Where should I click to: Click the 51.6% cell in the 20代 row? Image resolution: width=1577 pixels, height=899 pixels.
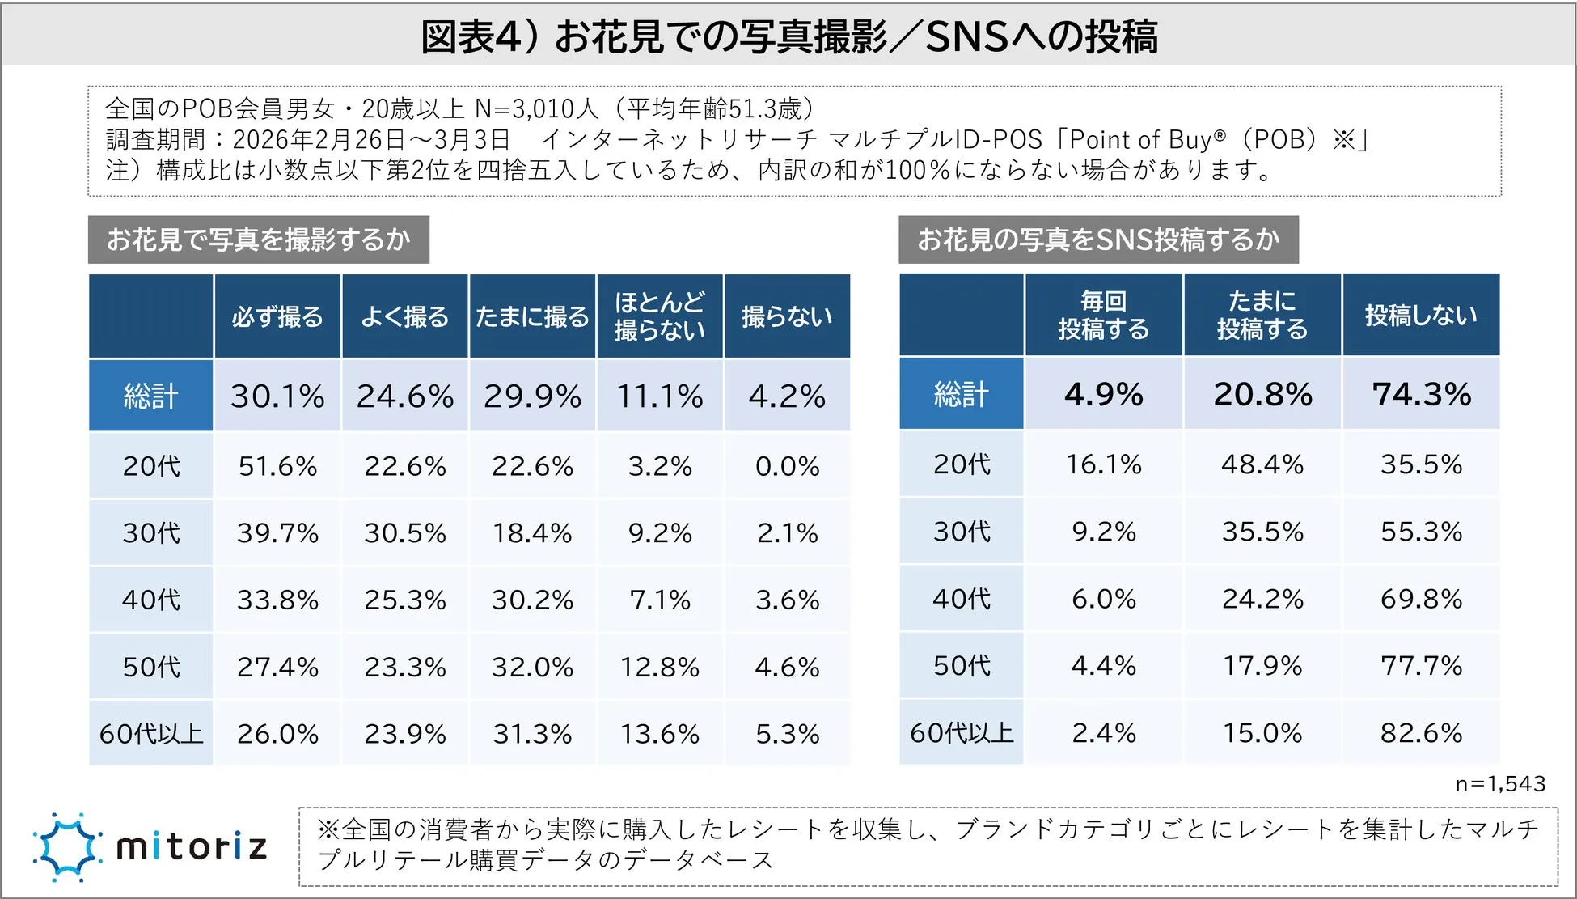[x=277, y=466]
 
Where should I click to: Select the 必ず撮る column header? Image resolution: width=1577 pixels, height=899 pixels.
[x=277, y=316]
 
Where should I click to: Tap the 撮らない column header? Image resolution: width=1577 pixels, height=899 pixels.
[x=787, y=316]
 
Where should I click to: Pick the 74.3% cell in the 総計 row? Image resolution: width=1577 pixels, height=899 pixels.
[x=1421, y=394]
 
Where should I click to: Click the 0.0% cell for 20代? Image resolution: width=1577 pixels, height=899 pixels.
[x=787, y=466]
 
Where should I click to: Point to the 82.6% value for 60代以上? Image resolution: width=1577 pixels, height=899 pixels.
[x=1421, y=733]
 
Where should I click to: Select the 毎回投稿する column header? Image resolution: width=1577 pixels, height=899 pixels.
[x=1103, y=315]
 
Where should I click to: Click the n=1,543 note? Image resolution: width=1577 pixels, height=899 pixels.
[x=1500, y=783]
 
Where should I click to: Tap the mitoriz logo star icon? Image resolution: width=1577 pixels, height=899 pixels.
[x=67, y=847]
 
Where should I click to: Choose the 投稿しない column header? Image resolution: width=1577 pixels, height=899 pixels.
[x=1421, y=315]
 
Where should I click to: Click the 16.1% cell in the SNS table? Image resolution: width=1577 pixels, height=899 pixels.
[x=1103, y=464]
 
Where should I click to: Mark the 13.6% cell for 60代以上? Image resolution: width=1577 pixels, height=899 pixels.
[x=659, y=734]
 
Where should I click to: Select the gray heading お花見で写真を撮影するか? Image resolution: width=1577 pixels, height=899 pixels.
[x=258, y=240]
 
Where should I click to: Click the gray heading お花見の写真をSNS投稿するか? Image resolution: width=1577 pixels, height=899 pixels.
[x=1097, y=240]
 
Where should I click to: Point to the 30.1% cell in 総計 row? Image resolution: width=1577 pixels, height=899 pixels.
[x=277, y=396]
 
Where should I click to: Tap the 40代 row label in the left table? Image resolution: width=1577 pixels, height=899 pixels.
[x=151, y=600]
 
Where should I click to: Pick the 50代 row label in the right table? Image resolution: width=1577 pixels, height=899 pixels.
[x=962, y=666]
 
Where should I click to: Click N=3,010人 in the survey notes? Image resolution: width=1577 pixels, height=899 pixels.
[x=535, y=108]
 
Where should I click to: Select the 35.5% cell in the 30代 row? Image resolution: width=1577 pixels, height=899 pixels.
[x=1262, y=532]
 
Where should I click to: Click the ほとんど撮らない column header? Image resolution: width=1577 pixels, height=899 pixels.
[x=659, y=316]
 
